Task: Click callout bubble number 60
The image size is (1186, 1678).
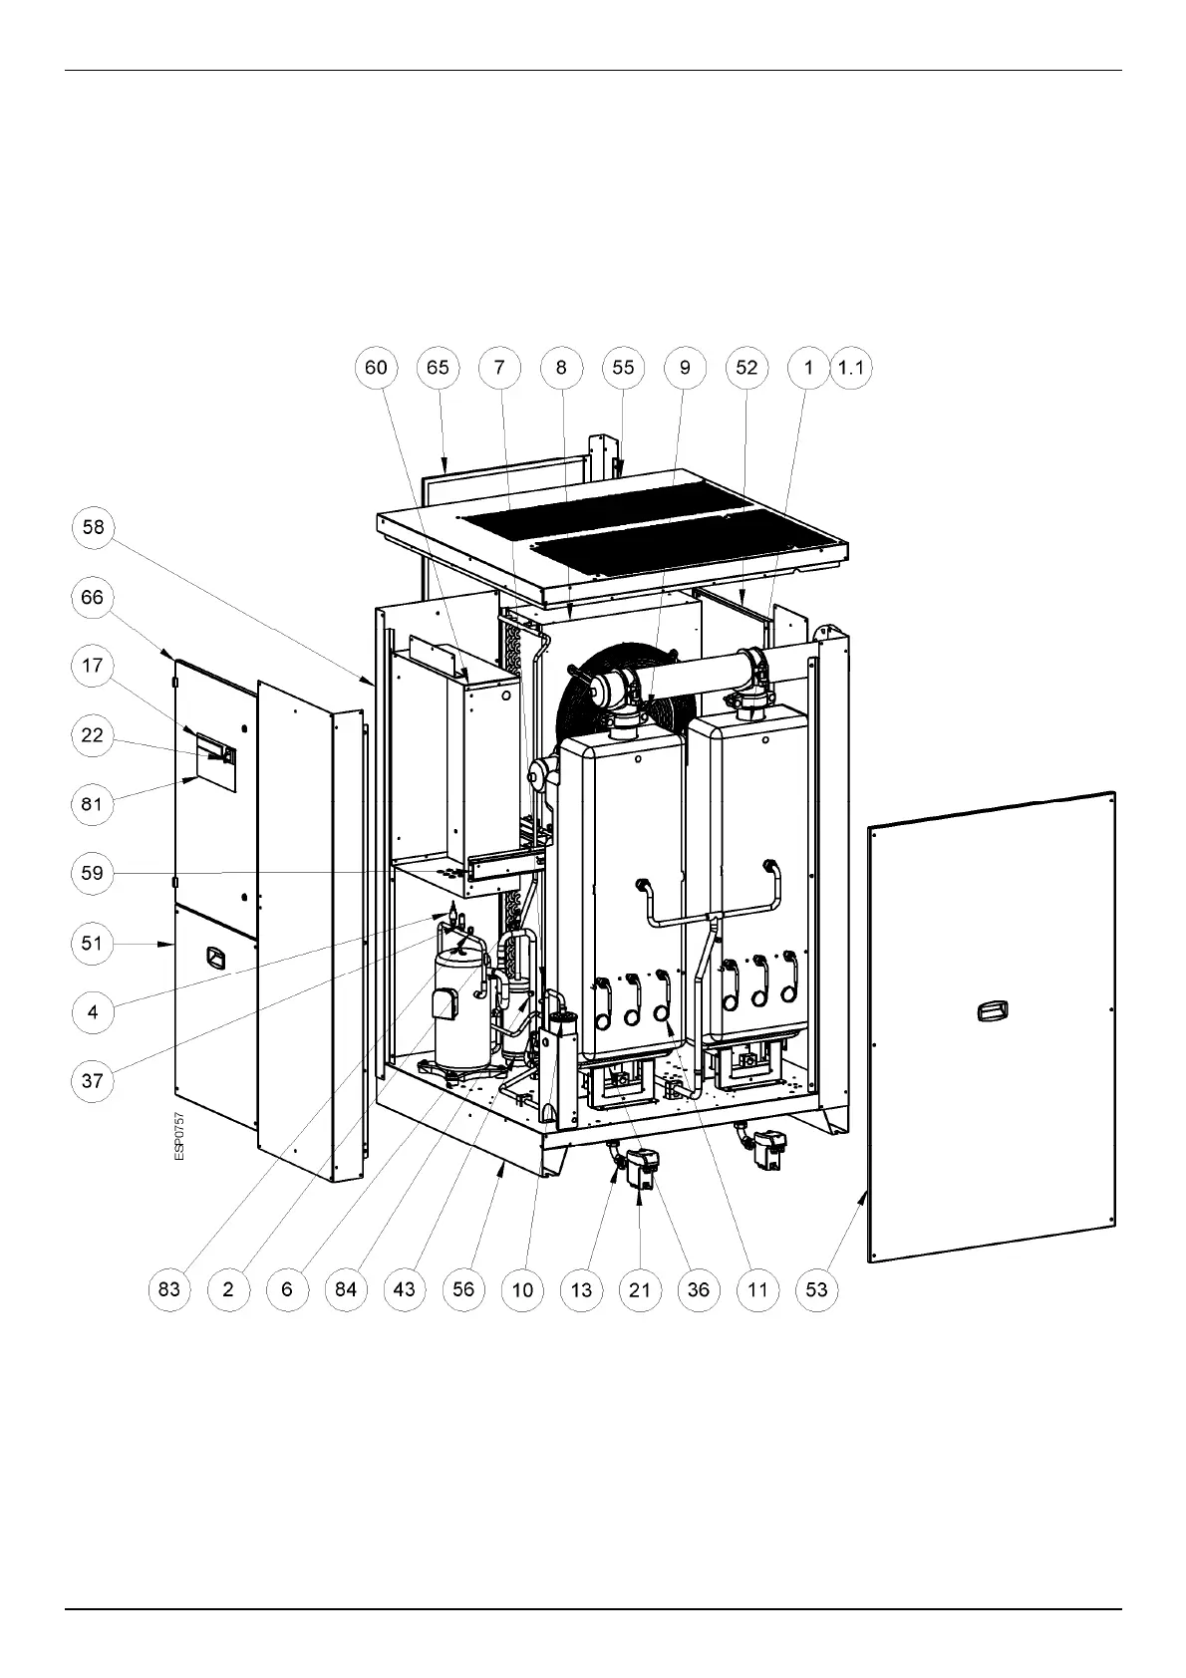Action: click(376, 368)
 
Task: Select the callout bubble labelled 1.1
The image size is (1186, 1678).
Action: click(851, 368)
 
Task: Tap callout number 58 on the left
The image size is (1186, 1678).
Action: click(93, 526)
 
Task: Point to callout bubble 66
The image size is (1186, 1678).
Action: click(93, 597)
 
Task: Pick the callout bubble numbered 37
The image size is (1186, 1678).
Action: click(93, 1080)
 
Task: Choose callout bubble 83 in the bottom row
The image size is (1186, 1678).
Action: click(169, 1289)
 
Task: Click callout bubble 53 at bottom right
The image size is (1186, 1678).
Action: click(816, 1289)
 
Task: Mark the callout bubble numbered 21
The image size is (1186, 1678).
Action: click(640, 1289)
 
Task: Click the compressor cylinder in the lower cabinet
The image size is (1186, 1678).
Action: click(458, 1006)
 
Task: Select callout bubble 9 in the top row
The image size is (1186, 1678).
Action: click(685, 368)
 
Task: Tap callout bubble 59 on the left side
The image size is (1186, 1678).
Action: click(93, 874)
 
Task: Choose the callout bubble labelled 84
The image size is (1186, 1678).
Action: click(346, 1289)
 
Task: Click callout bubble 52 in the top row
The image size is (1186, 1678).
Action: click(746, 368)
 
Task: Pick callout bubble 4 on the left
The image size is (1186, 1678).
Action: click(93, 1012)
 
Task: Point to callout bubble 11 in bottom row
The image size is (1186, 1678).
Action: click(757, 1289)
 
